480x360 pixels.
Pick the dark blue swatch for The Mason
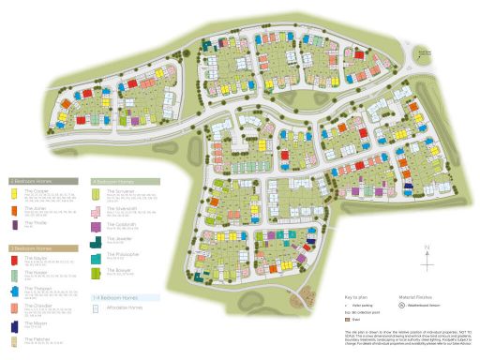tap(13, 324)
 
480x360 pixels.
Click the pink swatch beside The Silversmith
tap(97, 209)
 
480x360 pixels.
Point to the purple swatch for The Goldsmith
tap(97, 225)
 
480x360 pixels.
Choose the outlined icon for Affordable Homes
tap(97, 307)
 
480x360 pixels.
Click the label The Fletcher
tap(36, 337)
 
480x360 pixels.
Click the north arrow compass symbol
tap(427, 253)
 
